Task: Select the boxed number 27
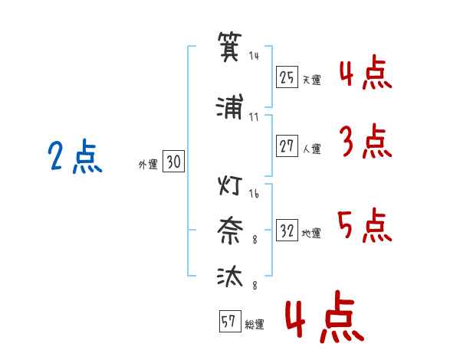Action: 287,146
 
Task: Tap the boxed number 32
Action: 287,231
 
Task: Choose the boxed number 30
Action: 173,162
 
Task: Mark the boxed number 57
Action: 228,322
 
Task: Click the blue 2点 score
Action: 74,157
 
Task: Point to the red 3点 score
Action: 365,142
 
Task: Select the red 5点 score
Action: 365,227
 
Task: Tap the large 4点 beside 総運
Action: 323,320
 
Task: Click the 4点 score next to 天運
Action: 365,74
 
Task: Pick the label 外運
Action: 147,164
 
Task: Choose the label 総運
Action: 255,326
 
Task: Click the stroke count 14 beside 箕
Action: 255,57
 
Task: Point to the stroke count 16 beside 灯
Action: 254,194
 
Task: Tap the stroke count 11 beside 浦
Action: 254,116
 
